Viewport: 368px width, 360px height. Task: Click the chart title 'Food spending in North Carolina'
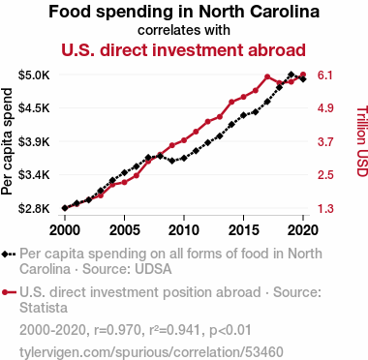coord(184,12)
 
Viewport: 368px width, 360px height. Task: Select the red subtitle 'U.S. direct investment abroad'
coord(183,50)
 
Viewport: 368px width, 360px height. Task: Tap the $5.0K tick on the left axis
coord(34,75)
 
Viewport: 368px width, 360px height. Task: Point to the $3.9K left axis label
coord(34,141)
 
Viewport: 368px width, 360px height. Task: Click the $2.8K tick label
coord(34,209)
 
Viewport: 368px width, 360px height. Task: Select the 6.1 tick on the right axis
coord(325,75)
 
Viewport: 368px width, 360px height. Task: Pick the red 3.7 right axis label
coord(325,141)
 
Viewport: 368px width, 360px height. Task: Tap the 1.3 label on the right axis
coord(325,209)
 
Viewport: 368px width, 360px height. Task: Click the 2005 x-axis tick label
coord(124,230)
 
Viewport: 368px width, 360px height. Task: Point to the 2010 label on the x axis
coord(184,230)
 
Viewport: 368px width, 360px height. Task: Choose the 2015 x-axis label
coord(243,230)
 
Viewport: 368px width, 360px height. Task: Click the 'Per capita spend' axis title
coord(7,141)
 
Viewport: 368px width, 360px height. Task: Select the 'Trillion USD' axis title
coord(362,141)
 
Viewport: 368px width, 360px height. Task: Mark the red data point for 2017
coord(267,76)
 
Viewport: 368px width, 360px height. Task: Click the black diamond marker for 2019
coord(291,75)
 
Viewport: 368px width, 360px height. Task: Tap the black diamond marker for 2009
coord(172,161)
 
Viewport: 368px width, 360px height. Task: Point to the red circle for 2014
coord(231,102)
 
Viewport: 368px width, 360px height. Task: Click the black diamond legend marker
coord(9,255)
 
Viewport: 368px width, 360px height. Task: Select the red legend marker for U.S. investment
coord(9,292)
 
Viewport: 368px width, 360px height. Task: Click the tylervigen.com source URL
coord(151,352)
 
